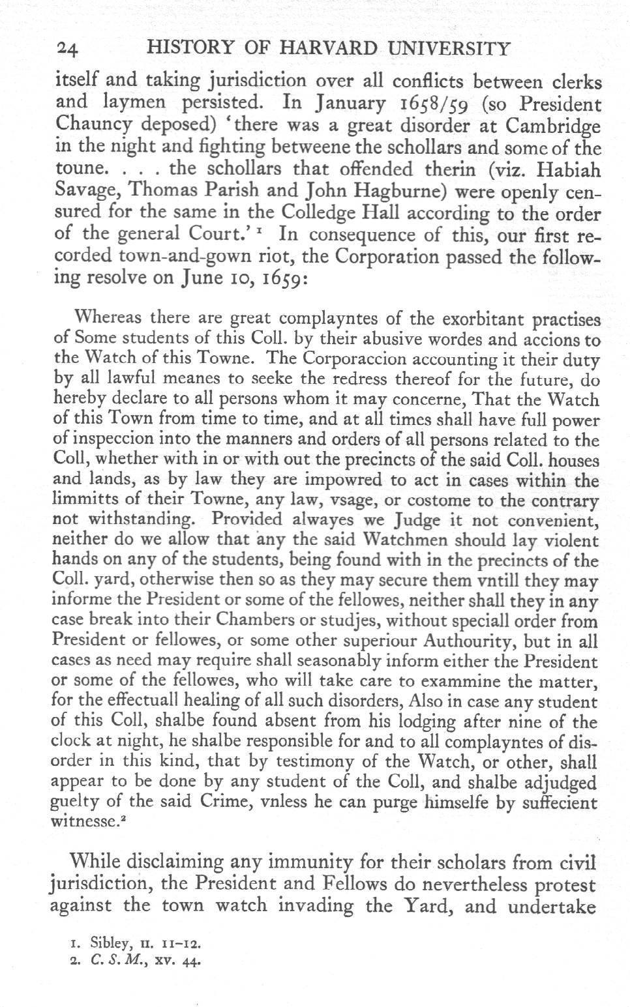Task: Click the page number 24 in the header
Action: pyautogui.click(x=67, y=48)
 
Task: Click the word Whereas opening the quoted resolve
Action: pyautogui.click(x=108, y=318)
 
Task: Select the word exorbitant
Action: pyautogui.click(x=485, y=319)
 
